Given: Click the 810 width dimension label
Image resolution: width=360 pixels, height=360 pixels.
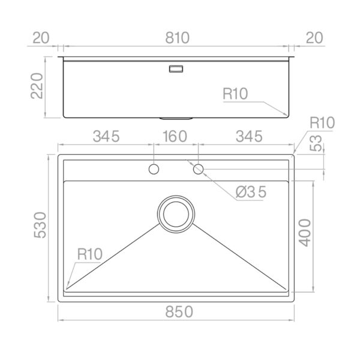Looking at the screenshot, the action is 177,38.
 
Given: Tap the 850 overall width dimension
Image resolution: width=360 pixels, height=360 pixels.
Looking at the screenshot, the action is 179,312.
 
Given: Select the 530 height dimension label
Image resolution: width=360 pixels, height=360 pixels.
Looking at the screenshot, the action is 40,225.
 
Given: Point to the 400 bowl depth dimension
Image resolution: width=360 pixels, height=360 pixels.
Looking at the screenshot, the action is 305,233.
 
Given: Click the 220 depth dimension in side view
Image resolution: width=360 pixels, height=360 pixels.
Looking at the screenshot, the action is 37,86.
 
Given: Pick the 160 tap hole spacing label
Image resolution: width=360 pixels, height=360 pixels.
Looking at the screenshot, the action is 175,136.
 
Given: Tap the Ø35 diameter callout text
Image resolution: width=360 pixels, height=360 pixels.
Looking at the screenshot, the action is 251,192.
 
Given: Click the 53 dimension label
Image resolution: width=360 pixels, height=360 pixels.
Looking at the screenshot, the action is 316,143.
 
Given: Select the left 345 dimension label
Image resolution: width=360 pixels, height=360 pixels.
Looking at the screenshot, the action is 106,136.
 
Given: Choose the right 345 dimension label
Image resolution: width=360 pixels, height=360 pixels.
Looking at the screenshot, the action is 249,136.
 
